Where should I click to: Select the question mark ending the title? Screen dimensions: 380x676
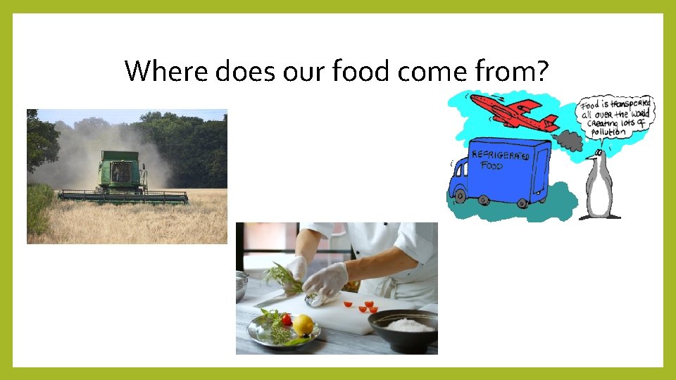pos(540,70)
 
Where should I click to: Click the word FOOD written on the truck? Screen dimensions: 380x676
pos(493,167)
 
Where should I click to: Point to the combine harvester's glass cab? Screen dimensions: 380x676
pos(121,171)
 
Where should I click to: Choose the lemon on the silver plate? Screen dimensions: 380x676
pos(303,324)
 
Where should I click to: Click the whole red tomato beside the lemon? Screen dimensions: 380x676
pos(286,319)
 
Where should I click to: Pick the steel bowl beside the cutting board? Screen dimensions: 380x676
pos(241,285)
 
